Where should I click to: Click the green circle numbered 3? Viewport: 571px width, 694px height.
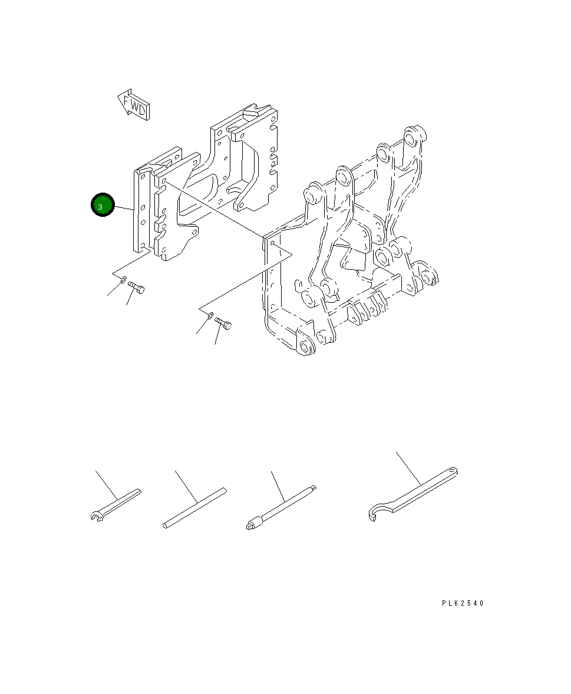pos(101,205)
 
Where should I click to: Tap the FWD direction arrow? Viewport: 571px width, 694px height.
pos(133,105)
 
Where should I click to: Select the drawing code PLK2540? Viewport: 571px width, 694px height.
pos(463,603)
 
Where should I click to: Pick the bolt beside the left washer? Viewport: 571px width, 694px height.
pos(137,287)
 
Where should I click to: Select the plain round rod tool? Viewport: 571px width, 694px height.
pos(194,507)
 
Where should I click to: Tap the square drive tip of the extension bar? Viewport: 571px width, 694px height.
pos(314,486)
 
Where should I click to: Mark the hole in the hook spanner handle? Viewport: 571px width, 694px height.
pos(452,471)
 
